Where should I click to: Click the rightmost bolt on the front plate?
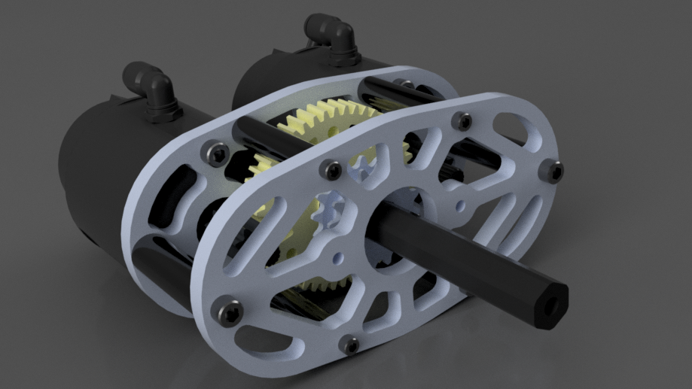coord(555,172)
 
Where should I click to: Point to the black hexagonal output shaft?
coord(482,263)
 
